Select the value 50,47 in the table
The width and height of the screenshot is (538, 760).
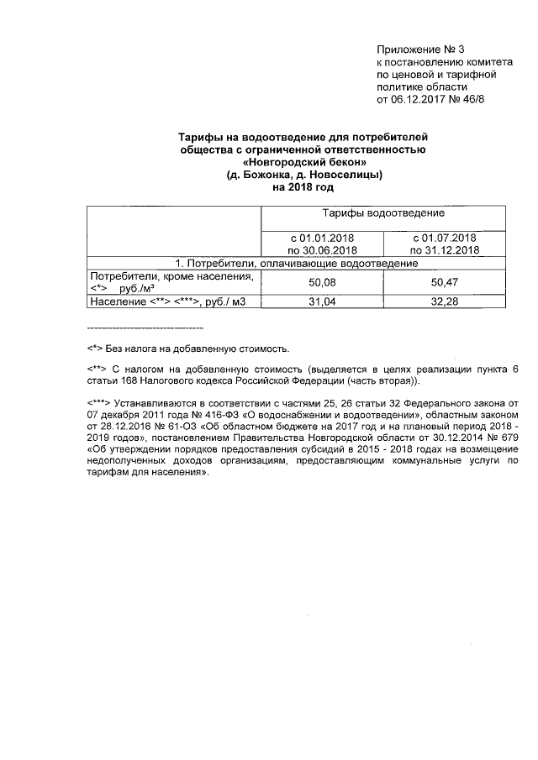tap(444, 282)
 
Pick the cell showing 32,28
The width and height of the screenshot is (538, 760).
tap(444, 301)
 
